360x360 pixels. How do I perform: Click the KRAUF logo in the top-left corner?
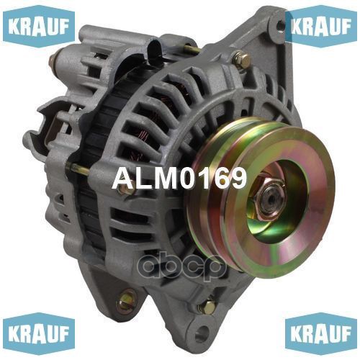coord(39,27)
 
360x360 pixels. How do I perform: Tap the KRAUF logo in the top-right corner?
coord(321,27)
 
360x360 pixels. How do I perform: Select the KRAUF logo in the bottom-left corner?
coord(39,333)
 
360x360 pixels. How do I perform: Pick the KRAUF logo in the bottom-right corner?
coord(321,333)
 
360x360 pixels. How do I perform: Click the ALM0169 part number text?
coord(179,179)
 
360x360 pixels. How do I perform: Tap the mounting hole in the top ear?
coord(280,25)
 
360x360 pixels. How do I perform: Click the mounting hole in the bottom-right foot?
coord(202,333)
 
